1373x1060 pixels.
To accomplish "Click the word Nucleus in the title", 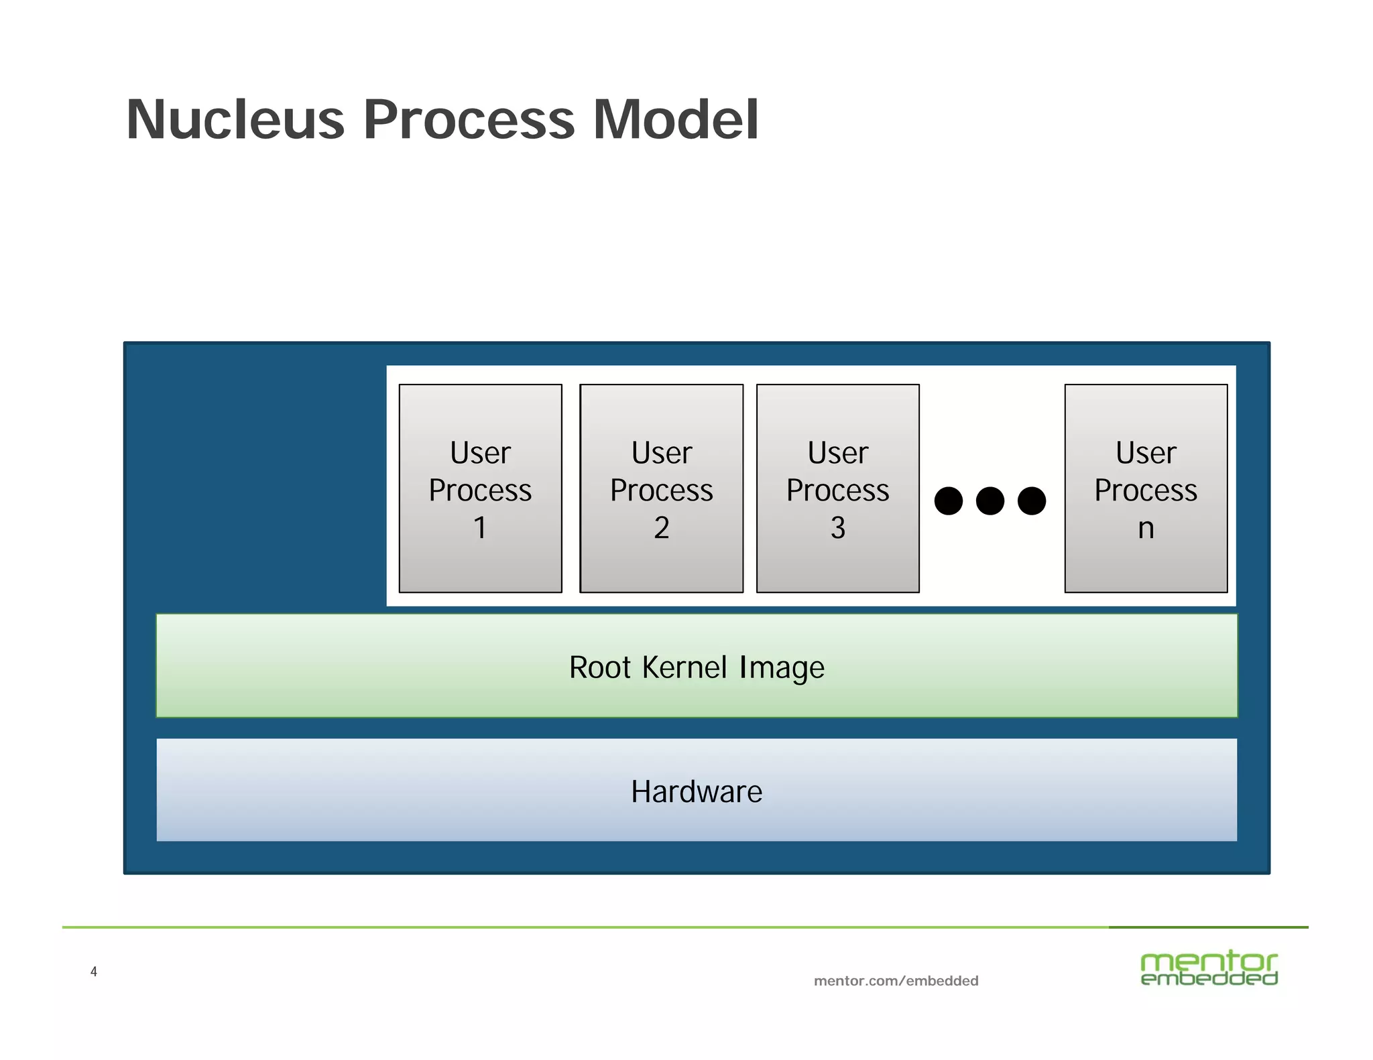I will pos(235,121).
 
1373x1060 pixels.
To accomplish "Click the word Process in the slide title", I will pos(469,121).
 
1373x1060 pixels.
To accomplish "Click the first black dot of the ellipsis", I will pos(948,501).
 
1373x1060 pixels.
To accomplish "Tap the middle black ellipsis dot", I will pos(990,501).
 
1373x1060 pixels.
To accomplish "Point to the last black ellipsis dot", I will pos(1032,501).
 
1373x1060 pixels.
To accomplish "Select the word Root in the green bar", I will pos(600,667).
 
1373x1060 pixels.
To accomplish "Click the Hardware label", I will pos(697,792).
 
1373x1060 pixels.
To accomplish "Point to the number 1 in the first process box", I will pos(480,528).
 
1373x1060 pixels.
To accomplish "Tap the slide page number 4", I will pos(94,972).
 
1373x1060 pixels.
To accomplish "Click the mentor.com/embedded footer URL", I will pos(896,981).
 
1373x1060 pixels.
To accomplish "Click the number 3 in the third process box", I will pos(837,528).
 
